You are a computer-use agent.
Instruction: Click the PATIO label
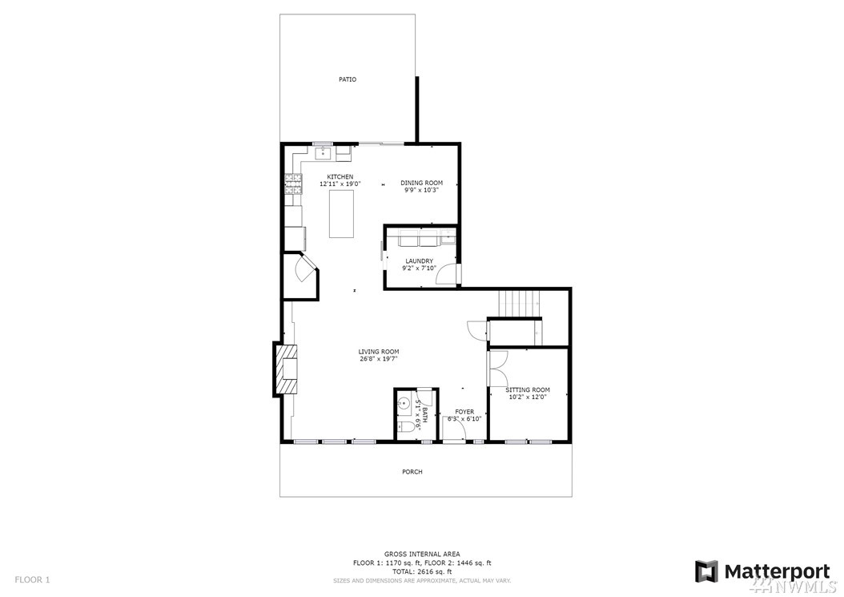(348, 79)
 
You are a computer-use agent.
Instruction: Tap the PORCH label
(412, 472)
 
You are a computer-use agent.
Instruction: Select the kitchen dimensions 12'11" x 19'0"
(340, 184)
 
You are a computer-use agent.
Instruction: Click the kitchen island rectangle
(342, 214)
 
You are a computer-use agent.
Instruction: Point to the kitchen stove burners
(293, 184)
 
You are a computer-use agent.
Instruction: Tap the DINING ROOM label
(421, 183)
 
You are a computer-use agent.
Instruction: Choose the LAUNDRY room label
(420, 261)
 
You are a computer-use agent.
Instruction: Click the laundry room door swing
(446, 274)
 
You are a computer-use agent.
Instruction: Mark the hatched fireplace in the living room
(287, 369)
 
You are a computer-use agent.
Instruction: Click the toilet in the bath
(408, 427)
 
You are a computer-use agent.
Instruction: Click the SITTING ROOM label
(528, 389)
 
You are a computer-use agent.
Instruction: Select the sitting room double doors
(497, 369)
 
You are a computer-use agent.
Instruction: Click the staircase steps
(518, 305)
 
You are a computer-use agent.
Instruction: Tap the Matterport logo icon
(706, 571)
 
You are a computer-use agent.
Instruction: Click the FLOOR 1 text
(32, 579)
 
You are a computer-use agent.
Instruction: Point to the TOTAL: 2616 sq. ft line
(422, 571)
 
